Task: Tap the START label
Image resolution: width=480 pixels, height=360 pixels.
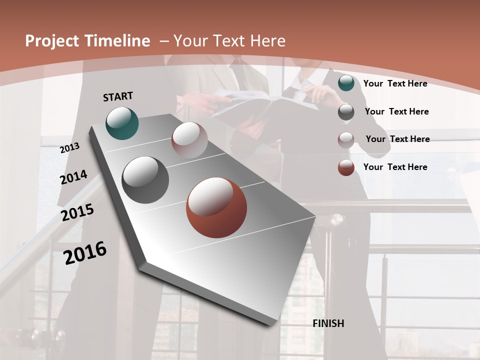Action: (118, 96)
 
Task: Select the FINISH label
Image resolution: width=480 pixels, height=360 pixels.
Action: (328, 323)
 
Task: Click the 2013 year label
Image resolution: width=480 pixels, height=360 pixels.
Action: (70, 147)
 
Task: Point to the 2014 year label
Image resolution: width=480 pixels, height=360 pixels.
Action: (74, 177)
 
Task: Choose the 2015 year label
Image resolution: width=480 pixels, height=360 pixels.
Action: (77, 212)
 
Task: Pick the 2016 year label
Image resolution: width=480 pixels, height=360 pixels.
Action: (85, 252)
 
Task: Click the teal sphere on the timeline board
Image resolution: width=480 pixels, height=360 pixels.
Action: (122, 123)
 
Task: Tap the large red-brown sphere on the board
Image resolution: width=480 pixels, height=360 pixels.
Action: (216, 207)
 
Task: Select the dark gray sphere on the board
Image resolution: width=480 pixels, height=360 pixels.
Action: (145, 180)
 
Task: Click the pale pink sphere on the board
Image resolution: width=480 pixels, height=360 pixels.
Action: (189, 140)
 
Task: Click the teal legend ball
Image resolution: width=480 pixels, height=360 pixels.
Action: (346, 83)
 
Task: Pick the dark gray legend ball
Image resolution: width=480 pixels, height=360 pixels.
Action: (346, 112)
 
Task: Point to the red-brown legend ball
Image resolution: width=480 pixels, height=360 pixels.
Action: (346, 167)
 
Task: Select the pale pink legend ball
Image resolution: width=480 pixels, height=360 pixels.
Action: (346, 139)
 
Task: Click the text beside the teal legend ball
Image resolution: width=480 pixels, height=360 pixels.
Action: (395, 83)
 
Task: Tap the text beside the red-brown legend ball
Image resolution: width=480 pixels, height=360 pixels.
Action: (395, 167)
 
